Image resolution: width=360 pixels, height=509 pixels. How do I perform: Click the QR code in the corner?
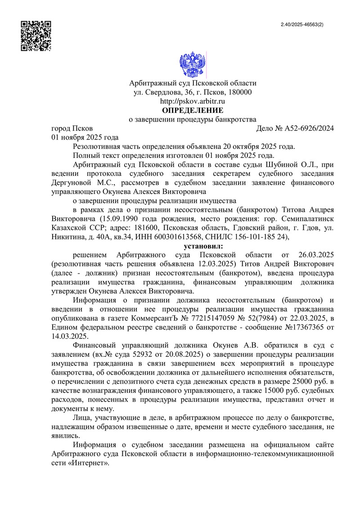point(36,36)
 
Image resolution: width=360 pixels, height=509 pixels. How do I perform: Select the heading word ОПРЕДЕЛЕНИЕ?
point(193,110)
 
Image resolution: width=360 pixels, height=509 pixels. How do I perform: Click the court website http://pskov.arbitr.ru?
point(193,101)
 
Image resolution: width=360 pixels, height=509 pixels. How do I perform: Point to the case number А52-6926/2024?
point(310,128)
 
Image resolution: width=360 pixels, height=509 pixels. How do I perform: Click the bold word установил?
point(203,246)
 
